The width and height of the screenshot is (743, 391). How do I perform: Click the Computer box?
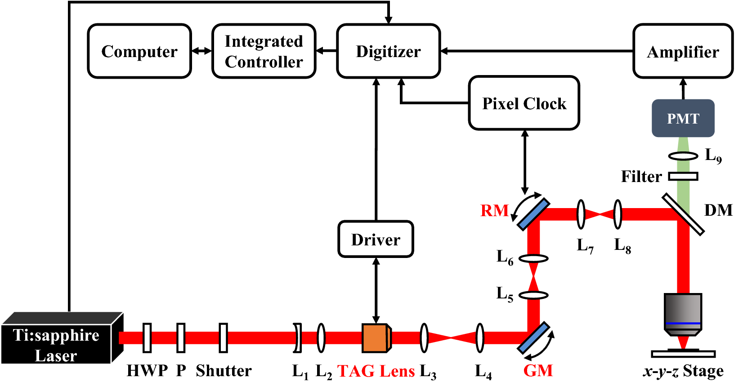139,51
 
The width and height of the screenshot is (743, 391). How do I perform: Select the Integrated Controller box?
264,51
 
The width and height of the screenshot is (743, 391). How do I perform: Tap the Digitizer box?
388,51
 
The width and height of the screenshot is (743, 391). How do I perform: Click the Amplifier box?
683,52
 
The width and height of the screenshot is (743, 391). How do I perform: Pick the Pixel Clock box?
524,103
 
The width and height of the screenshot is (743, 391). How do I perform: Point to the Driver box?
376,239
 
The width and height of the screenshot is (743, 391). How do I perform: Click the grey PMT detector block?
683,118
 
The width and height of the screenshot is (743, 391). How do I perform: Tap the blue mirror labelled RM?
533,214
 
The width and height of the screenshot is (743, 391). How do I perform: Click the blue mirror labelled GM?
533,338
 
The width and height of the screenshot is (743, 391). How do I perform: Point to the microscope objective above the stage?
683,315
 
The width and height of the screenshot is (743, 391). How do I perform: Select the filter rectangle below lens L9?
683,176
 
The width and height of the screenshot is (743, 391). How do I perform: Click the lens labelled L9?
683,156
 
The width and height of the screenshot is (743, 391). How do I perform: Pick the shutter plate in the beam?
223,338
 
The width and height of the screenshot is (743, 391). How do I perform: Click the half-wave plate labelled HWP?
147,338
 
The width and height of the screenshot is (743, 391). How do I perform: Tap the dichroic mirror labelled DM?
683,214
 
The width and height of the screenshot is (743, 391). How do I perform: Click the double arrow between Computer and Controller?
201,51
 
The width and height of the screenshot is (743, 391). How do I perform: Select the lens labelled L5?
533,295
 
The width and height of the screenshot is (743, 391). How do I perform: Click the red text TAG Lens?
376,371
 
